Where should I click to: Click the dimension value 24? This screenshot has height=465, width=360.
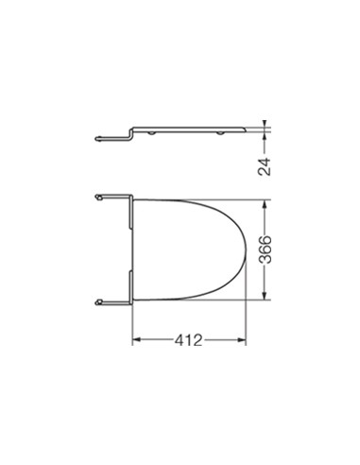click(x=267, y=166)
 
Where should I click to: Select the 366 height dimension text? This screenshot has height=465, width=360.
click(x=267, y=251)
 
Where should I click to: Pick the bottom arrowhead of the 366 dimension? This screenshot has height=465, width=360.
click(x=267, y=301)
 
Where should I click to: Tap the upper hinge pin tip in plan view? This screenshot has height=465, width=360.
click(x=98, y=198)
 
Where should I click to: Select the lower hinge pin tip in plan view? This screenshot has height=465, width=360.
click(x=98, y=302)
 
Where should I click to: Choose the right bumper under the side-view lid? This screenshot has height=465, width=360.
click(x=219, y=135)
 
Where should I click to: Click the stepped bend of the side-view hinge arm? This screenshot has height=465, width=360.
click(x=130, y=134)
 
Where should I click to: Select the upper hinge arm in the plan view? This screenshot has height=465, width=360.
click(x=113, y=198)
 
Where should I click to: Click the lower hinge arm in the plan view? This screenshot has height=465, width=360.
click(x=113, y=302)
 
